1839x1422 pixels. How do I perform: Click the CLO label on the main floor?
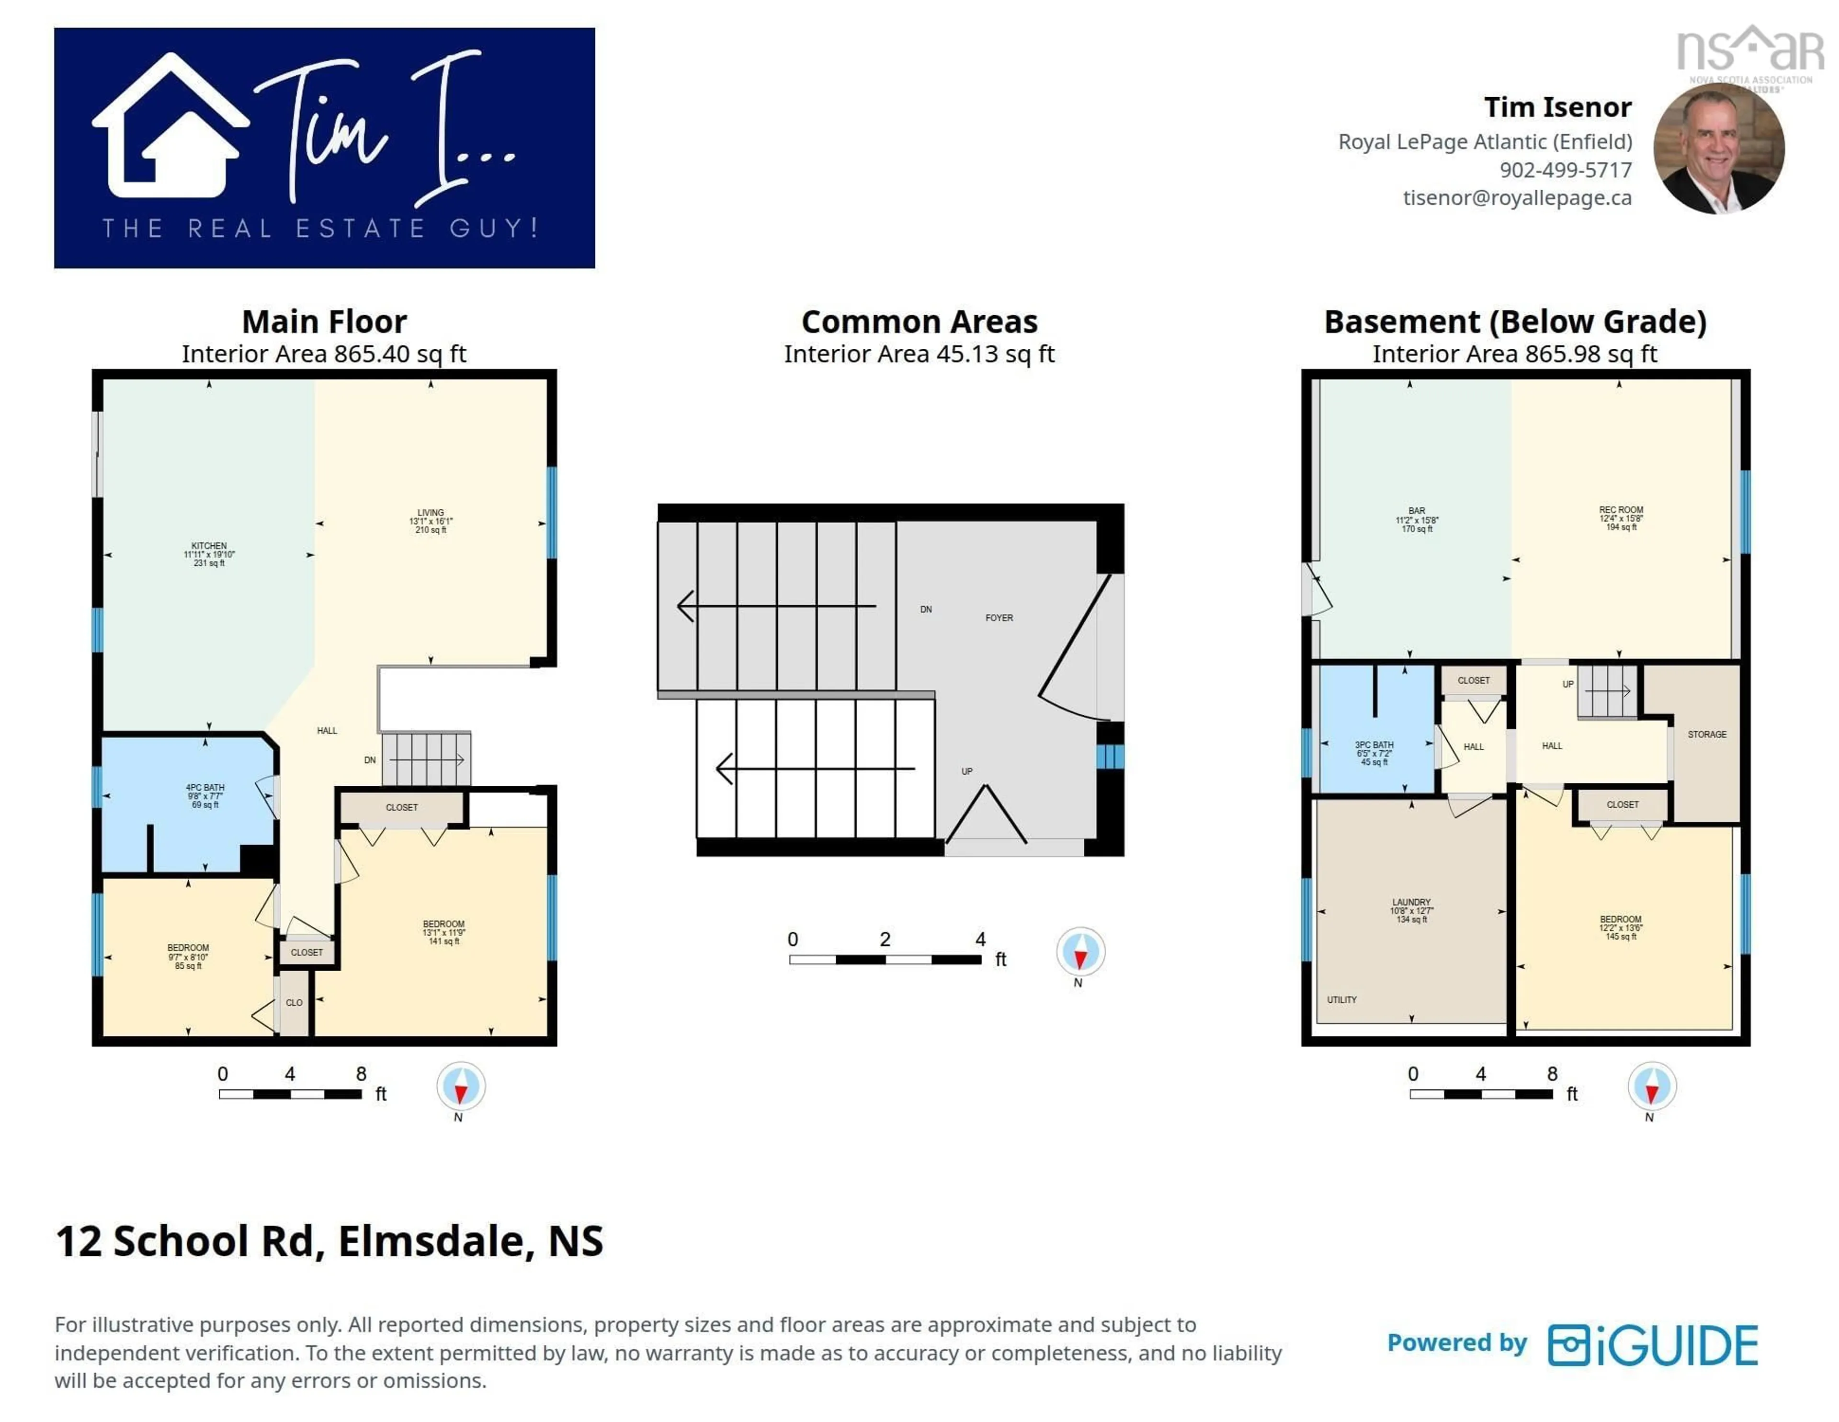(294, 1002)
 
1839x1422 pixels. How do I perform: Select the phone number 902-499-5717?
(1566, 170)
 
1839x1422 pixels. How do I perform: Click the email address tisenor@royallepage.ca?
(1517, 198)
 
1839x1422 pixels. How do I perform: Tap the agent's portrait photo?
(1719, 148)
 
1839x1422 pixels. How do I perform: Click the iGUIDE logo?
(1653, 1345)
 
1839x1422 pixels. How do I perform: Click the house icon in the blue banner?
(171, 126)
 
